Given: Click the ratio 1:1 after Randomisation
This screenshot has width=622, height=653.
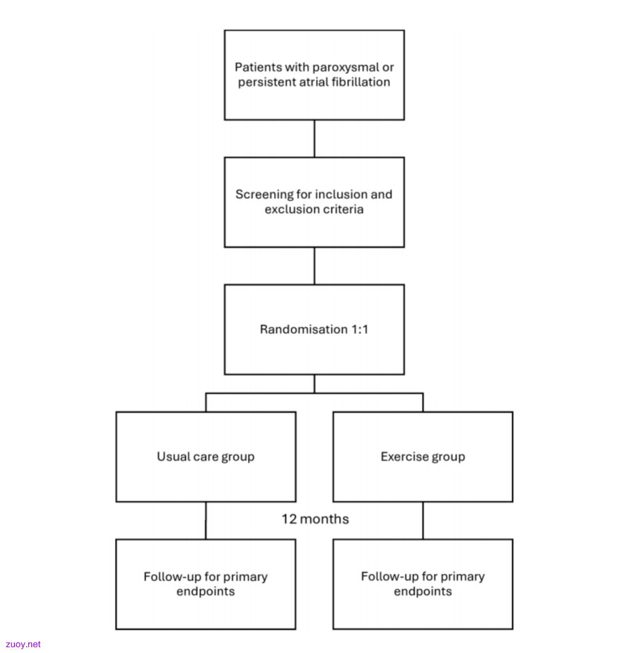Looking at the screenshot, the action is click(x=360, y=330).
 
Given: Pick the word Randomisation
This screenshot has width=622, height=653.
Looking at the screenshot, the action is click(x=304, y=330).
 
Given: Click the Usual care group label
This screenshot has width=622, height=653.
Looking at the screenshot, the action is click(x=206, y=457).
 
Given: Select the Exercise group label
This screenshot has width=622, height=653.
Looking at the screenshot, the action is click(x=423, y=457).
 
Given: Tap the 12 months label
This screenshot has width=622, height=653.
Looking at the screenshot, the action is click(x=315, y=519).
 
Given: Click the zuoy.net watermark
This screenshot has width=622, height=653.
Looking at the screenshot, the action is click(x=23, y=644).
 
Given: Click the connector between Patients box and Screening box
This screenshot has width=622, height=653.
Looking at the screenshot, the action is click(x=314, y=139).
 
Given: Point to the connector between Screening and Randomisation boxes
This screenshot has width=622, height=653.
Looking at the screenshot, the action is click(x=314, y=266).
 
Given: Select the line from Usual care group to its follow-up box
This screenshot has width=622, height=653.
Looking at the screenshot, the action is click(x=206, y=520).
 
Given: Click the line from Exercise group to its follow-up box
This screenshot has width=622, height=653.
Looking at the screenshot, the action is click(x=423, y=520).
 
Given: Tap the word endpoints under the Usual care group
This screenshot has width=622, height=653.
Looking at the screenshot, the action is click(x=206, y=591).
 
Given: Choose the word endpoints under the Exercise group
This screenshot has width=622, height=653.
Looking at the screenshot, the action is click(x=423, y=591).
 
